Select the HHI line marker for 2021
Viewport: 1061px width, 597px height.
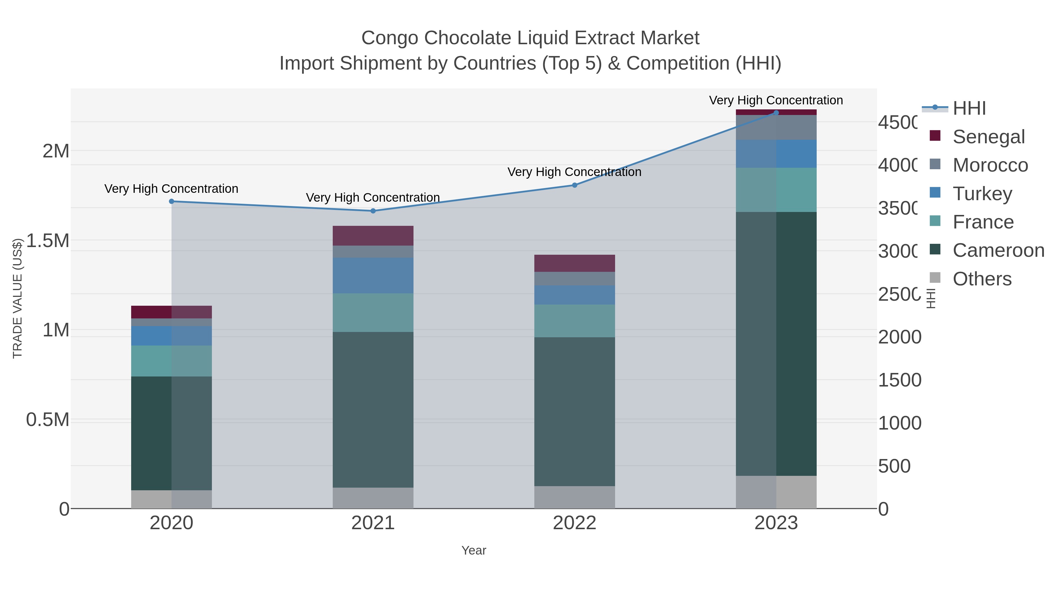click(373, 211)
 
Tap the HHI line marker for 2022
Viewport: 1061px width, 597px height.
click(575, 185)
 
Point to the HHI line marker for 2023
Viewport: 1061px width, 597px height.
click(776, 113)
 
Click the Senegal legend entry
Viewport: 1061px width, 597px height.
click(988, 137)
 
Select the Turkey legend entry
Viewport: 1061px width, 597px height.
click(982, 194)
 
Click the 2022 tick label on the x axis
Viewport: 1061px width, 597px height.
click(575, 523)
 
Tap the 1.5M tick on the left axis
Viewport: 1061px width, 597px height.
click(48, 241)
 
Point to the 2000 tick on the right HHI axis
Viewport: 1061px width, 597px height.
click(899, 337)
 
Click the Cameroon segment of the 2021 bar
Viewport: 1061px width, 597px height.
click(373, 410)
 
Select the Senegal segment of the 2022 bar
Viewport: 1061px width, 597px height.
click(575, 263)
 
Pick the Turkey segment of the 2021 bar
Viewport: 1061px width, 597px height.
click(373, 276)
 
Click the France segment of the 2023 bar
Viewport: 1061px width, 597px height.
click(776, 190)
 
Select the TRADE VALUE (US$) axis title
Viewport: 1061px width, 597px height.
click(17, 299)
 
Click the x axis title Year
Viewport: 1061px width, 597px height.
click(474, 550)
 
